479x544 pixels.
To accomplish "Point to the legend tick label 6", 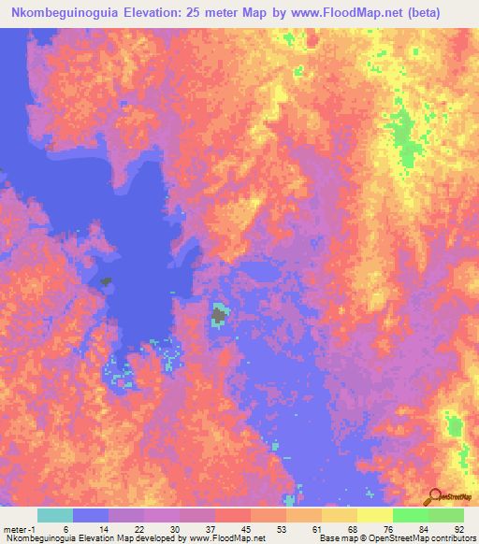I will [x=65, y=528].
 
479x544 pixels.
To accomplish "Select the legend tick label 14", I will [x=100, y=528].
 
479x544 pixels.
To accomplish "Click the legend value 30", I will [x=173, y=528].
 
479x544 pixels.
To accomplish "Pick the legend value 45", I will [x=246, y=528].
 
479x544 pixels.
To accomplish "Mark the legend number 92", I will [x=458, y=528].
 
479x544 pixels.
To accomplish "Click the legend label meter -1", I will [x=20, y=528].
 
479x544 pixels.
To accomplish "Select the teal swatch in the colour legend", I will [x=55, y=515].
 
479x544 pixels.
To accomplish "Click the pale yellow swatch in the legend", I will [x=374, y=515].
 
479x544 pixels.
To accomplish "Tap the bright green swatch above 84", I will [x=410, y=515].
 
